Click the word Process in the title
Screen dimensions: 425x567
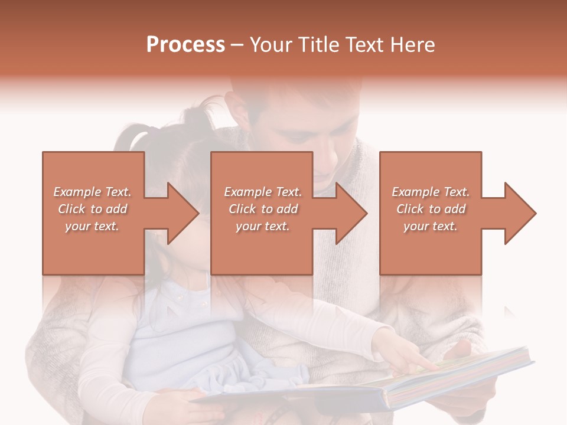185,45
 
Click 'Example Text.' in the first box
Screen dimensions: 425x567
93,192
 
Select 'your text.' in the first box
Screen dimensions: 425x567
93,226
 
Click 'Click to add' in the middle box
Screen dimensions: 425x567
263,209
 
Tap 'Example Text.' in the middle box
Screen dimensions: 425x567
263,192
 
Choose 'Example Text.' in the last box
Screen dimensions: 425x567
431,192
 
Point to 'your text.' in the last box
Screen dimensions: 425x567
431,226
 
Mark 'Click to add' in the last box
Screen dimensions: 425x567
431,209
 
